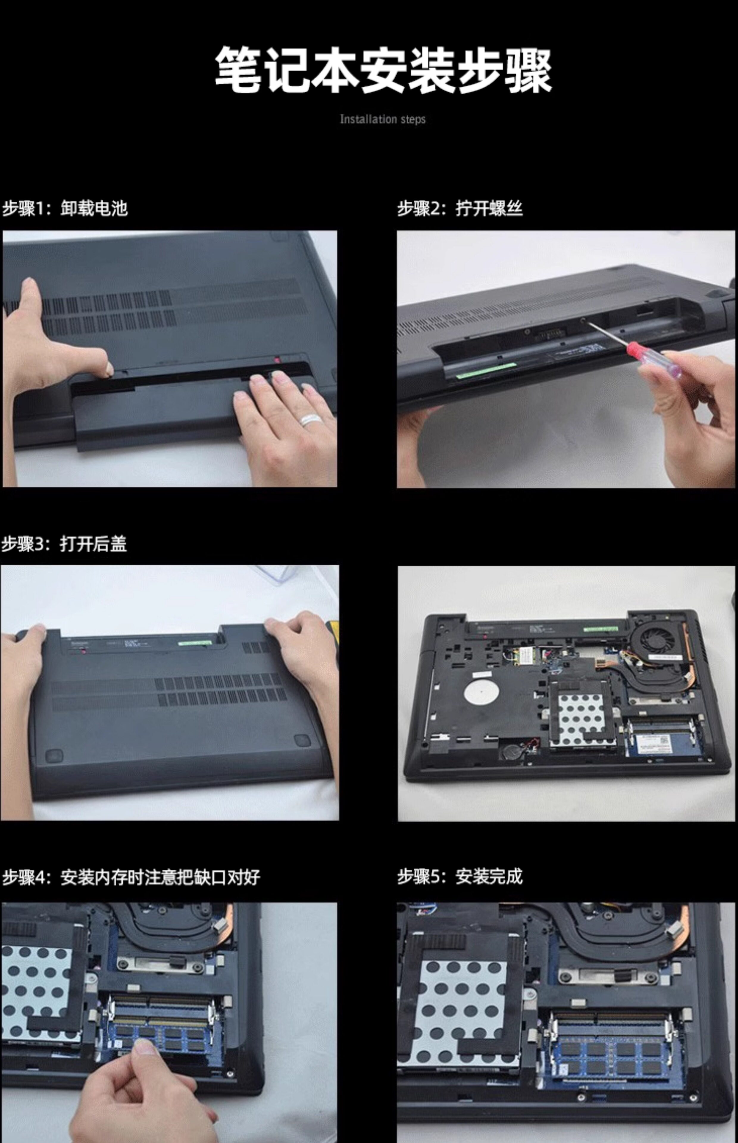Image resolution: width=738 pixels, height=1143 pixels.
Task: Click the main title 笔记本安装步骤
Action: (383, 70)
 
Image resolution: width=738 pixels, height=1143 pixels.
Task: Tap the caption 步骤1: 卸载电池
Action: (65, 208)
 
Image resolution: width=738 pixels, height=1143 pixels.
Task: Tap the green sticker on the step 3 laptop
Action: (195, 642)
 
